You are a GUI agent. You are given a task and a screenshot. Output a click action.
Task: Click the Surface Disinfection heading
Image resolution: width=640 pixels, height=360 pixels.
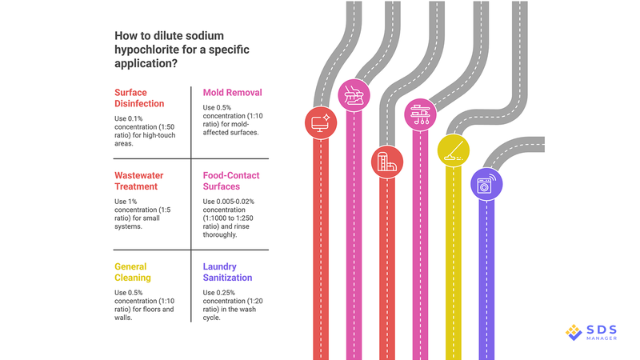pos(139,98)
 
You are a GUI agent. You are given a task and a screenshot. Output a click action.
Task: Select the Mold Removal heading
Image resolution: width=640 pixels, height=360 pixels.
pos(233,92)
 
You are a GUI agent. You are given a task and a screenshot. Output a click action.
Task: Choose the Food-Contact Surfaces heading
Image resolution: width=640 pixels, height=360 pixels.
pos(231,181)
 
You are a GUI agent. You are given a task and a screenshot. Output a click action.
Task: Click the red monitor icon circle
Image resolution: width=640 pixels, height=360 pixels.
pos(321,122)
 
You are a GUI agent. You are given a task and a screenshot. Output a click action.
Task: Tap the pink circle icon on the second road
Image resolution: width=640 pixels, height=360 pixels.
pos(353,95)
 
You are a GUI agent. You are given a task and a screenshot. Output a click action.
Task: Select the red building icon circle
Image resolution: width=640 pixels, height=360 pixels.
pos(386,162)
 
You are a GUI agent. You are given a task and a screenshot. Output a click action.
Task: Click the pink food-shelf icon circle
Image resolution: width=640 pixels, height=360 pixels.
pos(420,115)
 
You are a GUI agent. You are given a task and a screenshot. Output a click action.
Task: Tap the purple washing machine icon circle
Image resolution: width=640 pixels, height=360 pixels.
pos(485,183)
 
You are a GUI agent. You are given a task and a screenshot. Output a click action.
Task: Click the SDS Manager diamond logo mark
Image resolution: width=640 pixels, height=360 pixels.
pos(574,331)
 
